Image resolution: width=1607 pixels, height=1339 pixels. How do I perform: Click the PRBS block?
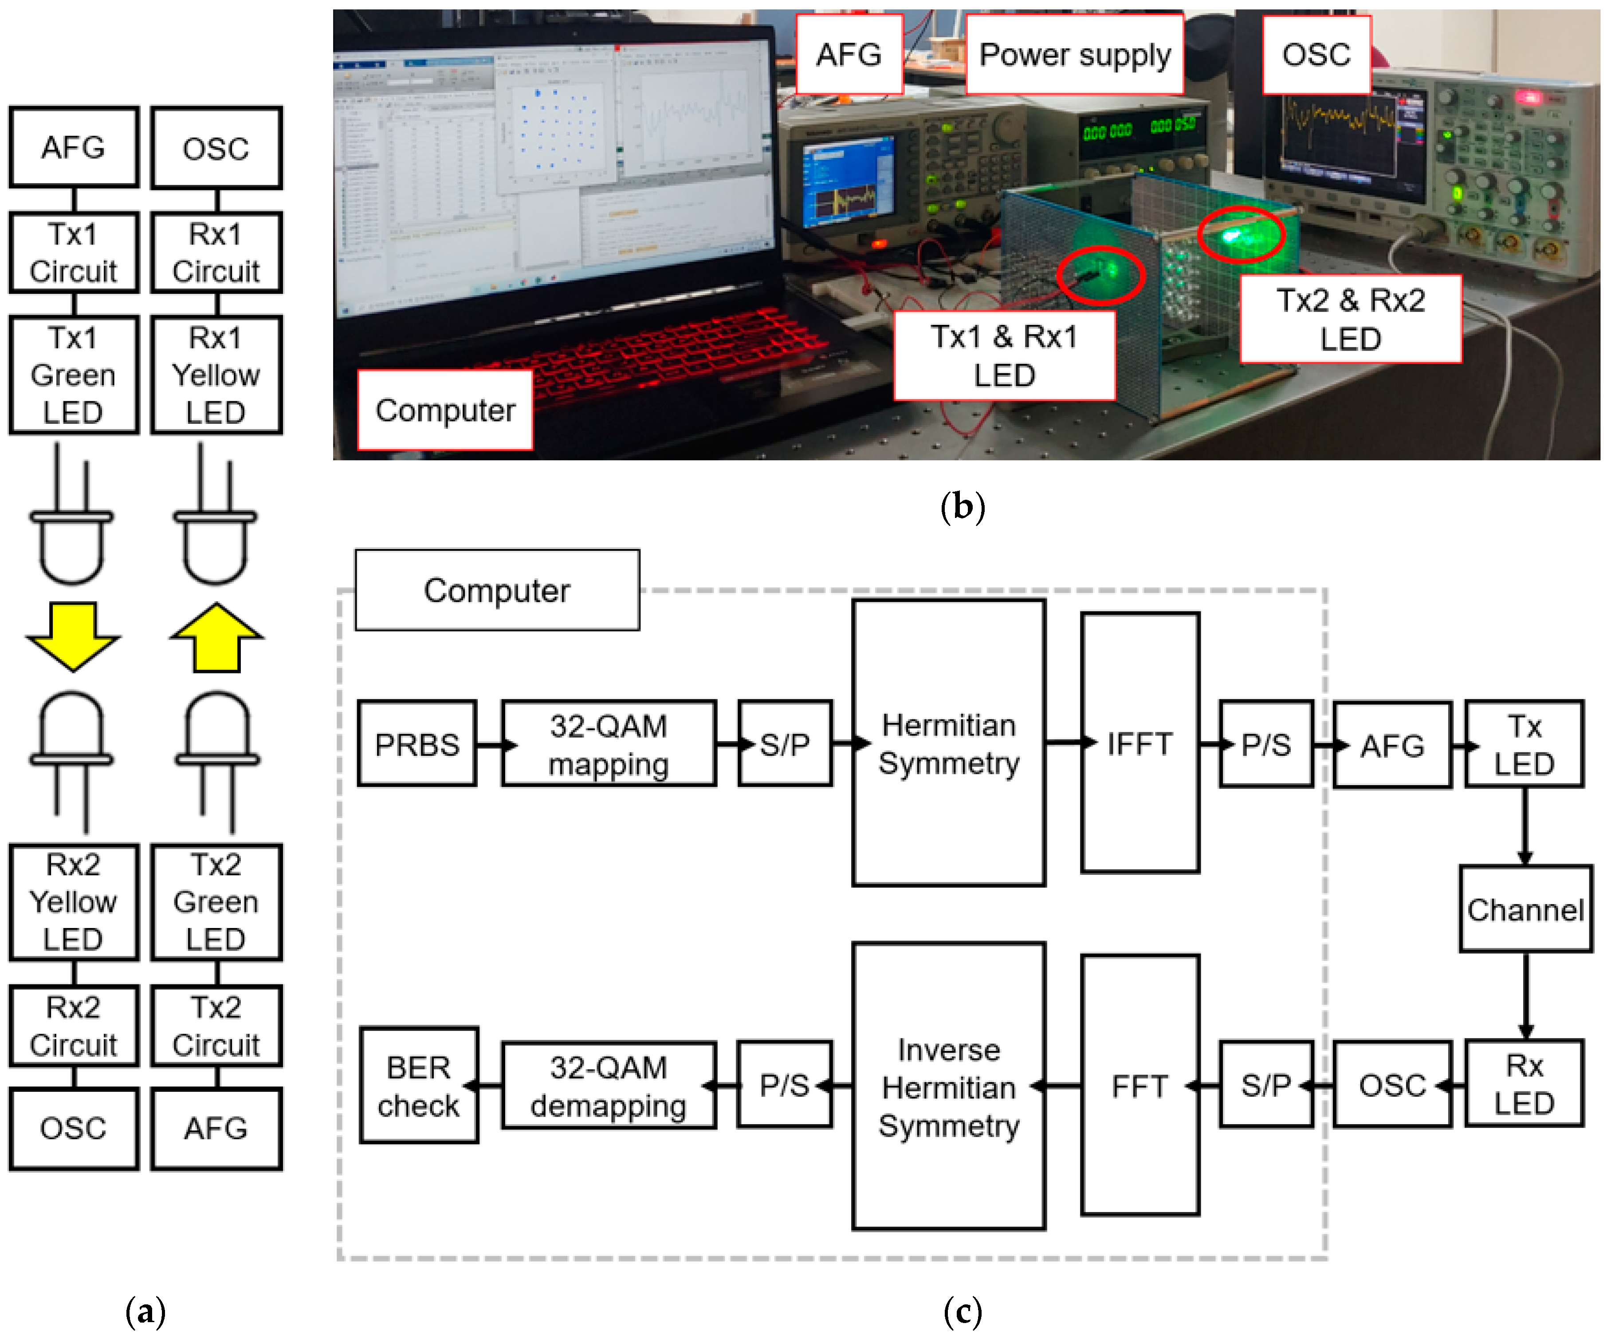tap(417, 743)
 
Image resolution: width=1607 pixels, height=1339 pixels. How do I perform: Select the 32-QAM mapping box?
tap(609, 743)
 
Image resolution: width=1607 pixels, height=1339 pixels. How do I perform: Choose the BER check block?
tap(419, 1085)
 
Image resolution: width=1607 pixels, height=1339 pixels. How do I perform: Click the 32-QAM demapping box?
tap(609, 1085)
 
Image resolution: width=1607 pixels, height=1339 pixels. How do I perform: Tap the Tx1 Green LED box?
tap(74, 375)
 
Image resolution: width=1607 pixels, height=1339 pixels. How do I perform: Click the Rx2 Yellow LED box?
tap(74, 902)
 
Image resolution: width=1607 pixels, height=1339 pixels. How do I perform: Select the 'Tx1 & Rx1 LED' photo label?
tap(1004, 356)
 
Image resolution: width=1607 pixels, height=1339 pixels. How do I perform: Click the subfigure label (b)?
tap(963, 506)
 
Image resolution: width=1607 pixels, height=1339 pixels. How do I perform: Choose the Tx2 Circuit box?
tap(216, 1026)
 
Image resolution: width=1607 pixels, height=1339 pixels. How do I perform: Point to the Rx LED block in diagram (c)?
tap(1524, 1083)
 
